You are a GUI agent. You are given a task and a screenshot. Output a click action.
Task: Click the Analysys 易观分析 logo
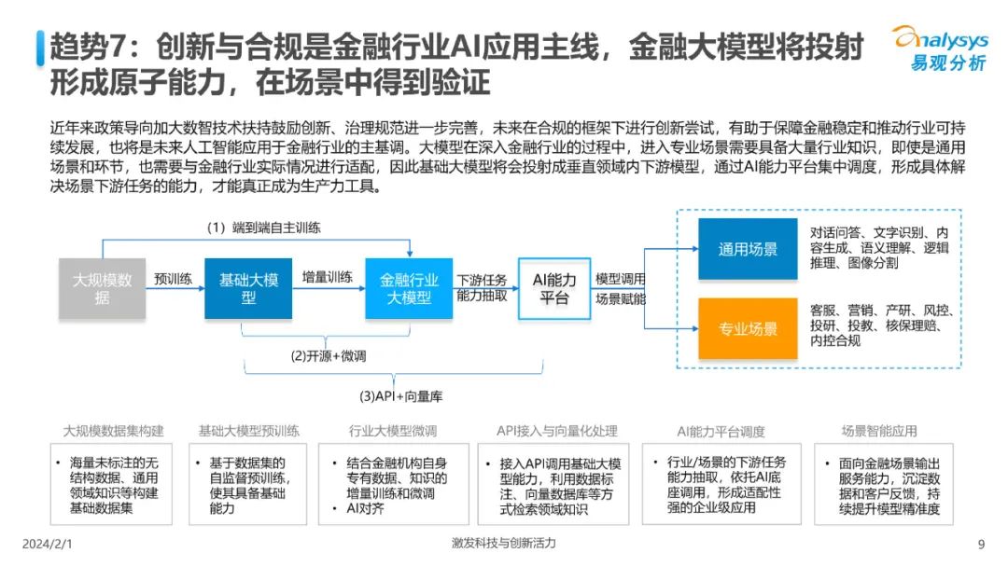tap(941, 48)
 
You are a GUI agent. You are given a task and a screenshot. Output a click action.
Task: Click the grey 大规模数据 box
tap(103, 288)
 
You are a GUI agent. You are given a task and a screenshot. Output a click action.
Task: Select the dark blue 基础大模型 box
tap(248, 288)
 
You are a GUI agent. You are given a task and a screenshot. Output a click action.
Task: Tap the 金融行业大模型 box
tap(409, 288)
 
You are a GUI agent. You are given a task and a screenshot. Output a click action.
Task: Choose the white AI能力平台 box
tap(554, 288)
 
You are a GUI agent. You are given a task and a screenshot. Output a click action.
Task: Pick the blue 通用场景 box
tap(748, 249)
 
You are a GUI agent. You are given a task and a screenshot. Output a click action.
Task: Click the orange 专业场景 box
tap(748, 328)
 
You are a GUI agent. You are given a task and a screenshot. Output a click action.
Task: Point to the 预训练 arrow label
tap(173, 279)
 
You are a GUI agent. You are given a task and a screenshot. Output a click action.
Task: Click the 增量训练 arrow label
tap(328, 277)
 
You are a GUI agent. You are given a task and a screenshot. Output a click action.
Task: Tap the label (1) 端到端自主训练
tap(263, 228)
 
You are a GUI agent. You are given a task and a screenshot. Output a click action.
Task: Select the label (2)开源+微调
tap(329, 355)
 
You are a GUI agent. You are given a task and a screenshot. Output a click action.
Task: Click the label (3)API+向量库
tap(400, 396)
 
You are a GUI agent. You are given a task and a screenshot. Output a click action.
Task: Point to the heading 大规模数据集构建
tap(113, 431)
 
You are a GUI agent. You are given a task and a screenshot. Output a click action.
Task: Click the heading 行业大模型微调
tap(393, 431)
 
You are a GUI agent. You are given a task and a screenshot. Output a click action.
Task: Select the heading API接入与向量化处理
tap(556, 431)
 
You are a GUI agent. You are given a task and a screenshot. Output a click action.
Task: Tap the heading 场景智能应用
tap(879, 431)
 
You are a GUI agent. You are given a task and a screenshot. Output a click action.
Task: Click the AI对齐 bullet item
tap(365, 508)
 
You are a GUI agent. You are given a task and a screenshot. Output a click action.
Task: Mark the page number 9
tap(981, 545)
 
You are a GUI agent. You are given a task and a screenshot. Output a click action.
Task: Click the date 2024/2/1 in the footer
tap(48, 544)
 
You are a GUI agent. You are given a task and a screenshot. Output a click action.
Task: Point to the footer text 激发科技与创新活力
tap(503, 544)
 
